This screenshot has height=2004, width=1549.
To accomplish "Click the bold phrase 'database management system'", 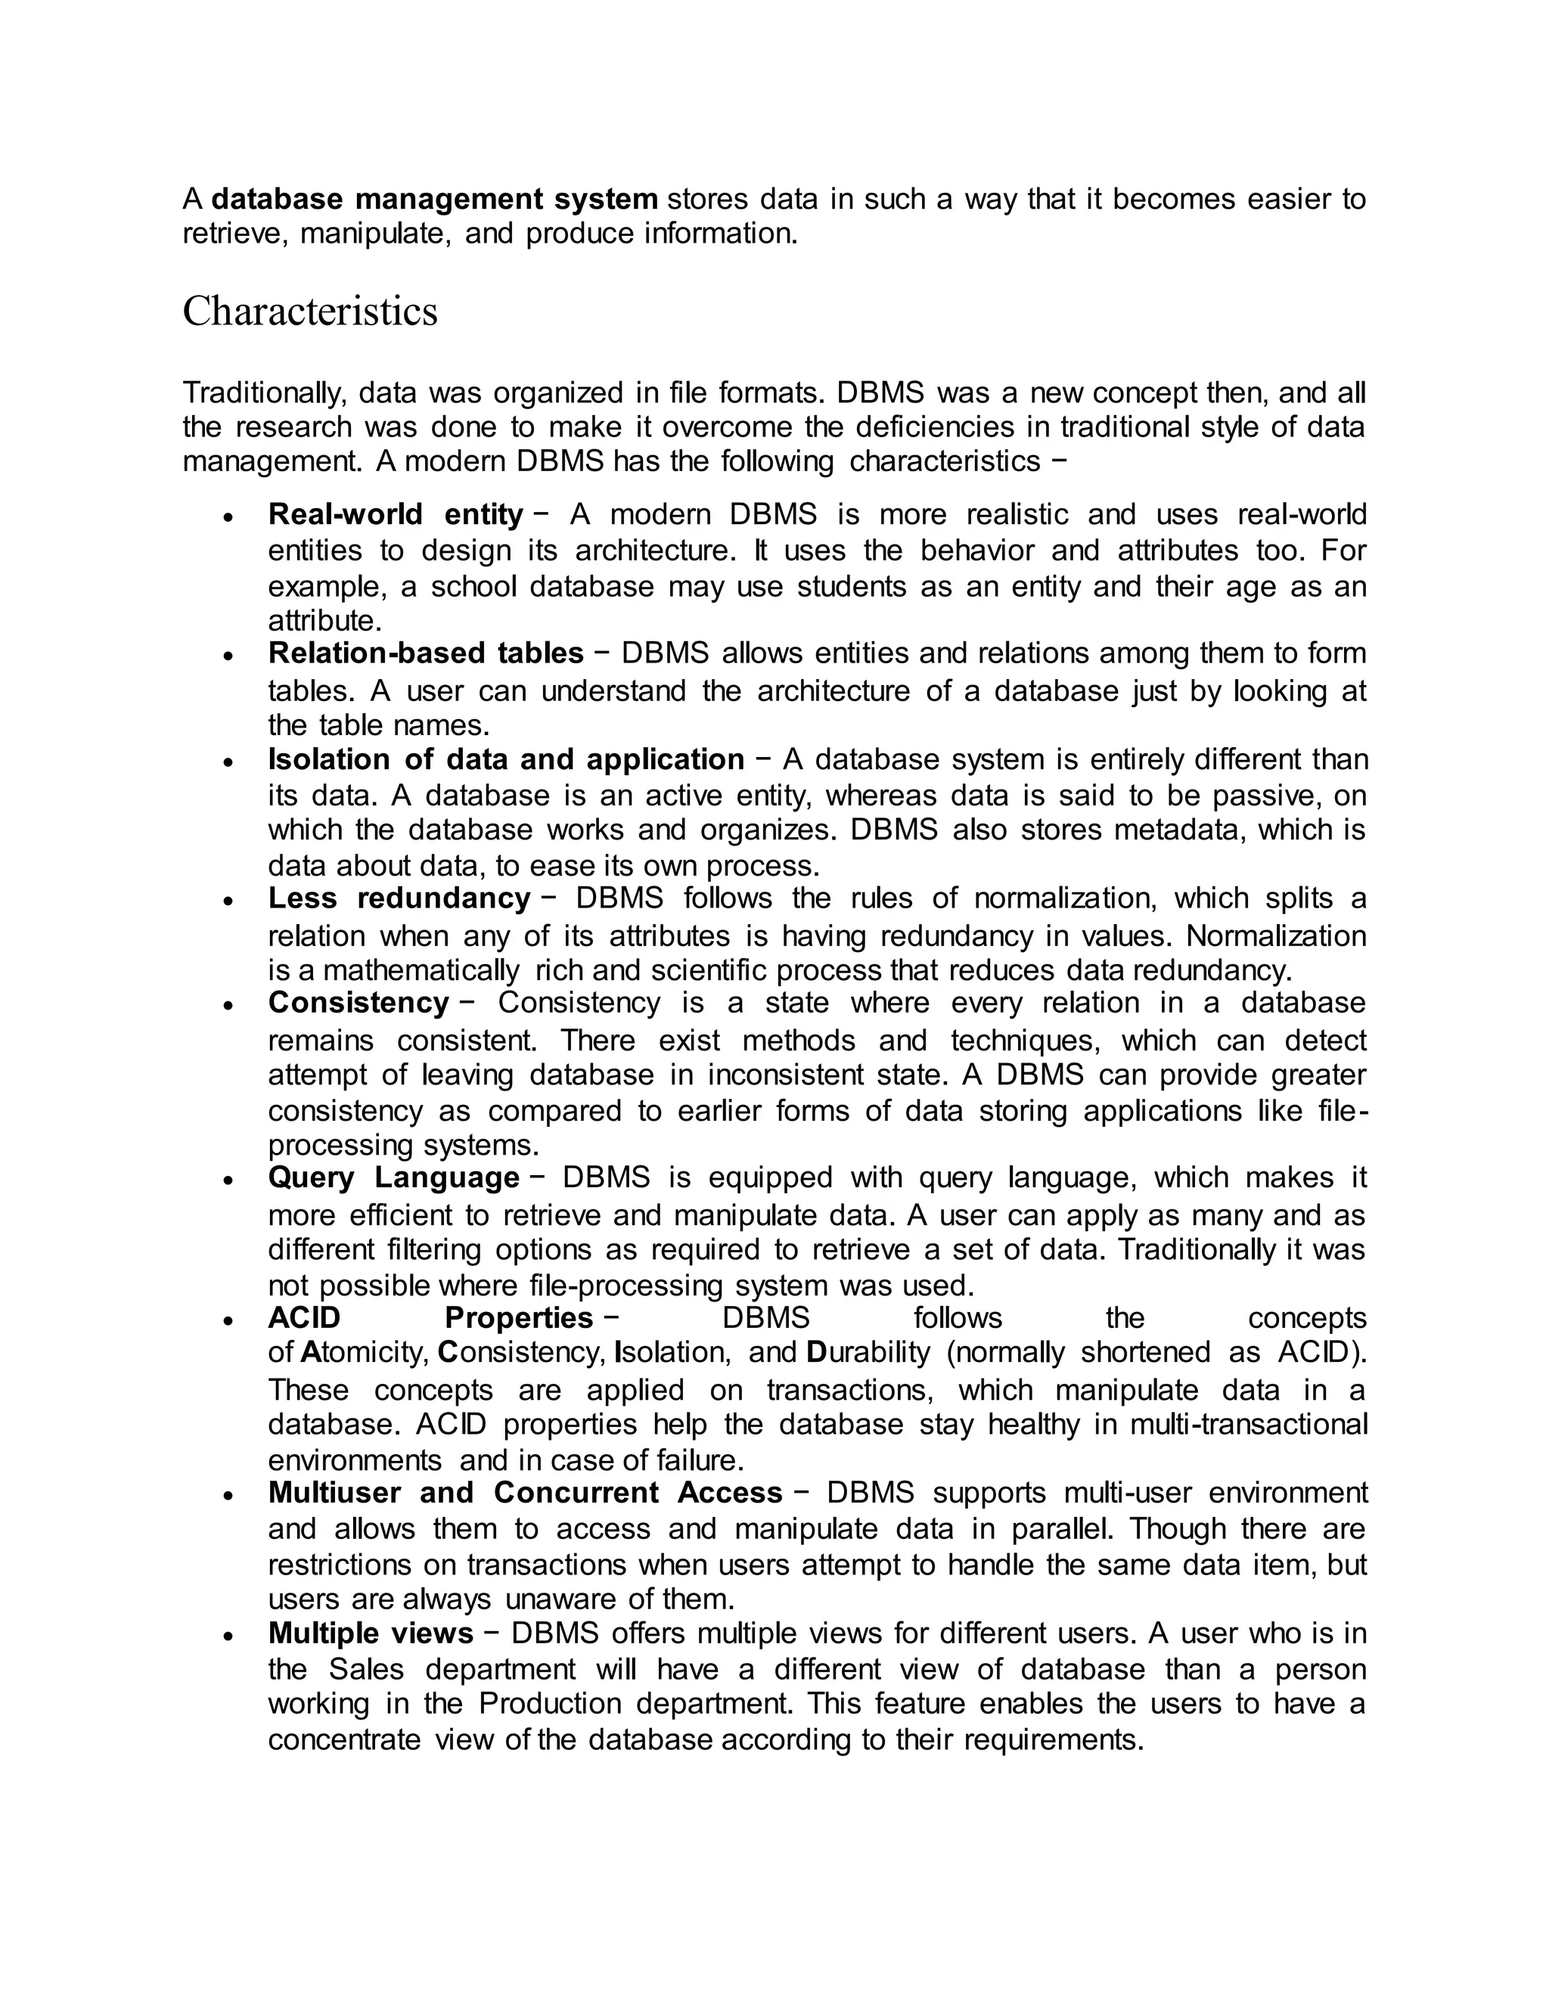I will coord(434,198).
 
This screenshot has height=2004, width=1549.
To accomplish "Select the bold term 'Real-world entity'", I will coord(395,513).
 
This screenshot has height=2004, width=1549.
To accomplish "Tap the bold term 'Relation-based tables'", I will coord(425,653).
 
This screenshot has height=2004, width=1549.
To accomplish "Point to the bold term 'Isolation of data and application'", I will coord(506,760).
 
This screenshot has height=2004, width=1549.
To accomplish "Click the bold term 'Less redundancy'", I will coord(399,898).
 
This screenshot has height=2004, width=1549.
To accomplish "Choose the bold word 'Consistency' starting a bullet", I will coord(358,1002).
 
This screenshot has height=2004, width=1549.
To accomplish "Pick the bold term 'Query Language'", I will coord(393,1177).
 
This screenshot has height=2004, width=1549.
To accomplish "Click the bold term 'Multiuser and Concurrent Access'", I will coord(525,1493).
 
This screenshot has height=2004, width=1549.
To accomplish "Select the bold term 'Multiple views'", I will coord(370,1633).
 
